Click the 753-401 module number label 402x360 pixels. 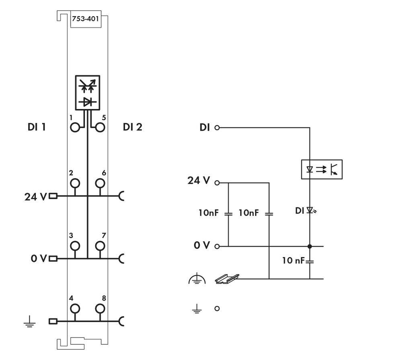click(x=85, y=19)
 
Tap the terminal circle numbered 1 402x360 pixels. click(x=75, y=128)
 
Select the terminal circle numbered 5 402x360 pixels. click(x=100, y=128)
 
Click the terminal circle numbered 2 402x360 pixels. click(x=75, y=183)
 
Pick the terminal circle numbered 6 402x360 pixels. click(x=100, y=183)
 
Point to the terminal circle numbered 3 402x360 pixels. click(x=75, y=245)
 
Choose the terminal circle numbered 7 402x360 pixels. click(x=100, y=245)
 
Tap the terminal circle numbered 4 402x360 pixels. click(x=75, y=309)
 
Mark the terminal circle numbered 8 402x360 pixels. click(x=100, y=309)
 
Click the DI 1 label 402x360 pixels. click(x=37, y=128)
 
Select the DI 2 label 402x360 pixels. click(x=133, y=128)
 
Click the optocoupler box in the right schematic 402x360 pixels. click(x=322, y=169)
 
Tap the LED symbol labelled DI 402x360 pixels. click(x=310, y=210)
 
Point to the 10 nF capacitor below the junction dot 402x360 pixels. click(x=310, y=261)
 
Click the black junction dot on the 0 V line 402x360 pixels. click(x=310, y=246)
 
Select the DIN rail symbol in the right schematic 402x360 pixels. click(x=227, y=278)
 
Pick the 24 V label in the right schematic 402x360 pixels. click(x=199, y=181)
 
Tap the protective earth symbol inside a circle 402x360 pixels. click(x=197, y=279)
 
